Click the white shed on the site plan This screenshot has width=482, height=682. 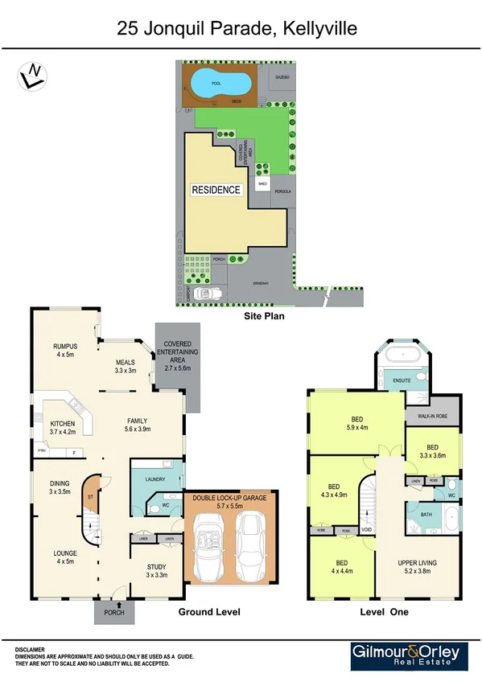coord(262,184)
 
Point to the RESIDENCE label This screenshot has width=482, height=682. coord(216,191)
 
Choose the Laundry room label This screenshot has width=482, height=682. coord(155,480)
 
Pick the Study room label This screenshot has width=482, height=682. coord(155,571)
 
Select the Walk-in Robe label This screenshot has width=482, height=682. coord(432,417)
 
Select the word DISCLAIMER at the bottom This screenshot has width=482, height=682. coord(31,648)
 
